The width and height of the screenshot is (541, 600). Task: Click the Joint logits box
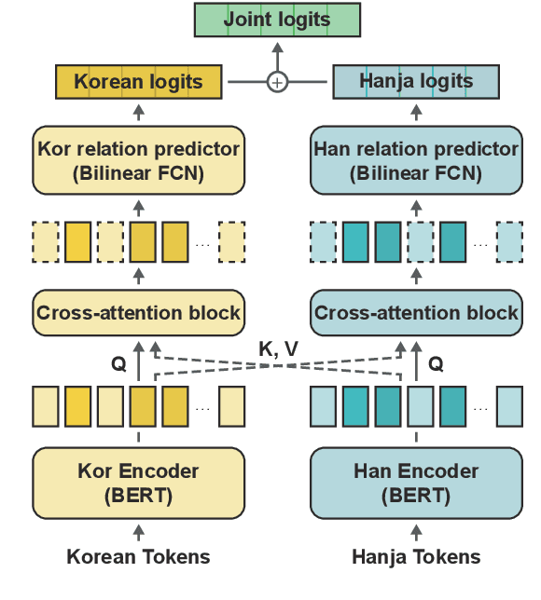[x=276, y=20]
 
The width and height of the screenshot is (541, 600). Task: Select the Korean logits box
[x=138, y=82]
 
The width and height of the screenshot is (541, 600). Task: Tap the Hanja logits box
[x=416, y=82]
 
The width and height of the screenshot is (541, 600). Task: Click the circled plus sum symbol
[x=277, y=82]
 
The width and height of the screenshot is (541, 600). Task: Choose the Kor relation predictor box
[x=138, y=160]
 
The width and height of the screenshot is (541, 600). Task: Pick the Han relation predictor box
[x=416, y=160]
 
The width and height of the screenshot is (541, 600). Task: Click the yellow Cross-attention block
[x=138, y=312]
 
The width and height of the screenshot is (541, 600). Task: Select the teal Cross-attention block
[x=416, y=312]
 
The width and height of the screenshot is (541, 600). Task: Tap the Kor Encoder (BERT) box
[x=138, y=483]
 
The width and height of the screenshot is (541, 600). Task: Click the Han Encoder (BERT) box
[x=416, y=483]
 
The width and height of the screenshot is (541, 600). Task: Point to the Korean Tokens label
[x=138, y=557]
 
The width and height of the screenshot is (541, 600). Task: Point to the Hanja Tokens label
[x=416, y=557]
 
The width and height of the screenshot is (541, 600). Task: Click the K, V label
[x=277, y=348]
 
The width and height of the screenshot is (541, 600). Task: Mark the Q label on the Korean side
[x=118, y=365]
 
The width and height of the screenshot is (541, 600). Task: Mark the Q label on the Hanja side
[x=436, y=365]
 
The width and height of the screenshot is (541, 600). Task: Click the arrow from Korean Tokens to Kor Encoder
[x=139, y=533]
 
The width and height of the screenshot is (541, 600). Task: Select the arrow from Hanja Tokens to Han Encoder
[x=416, y=533]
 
